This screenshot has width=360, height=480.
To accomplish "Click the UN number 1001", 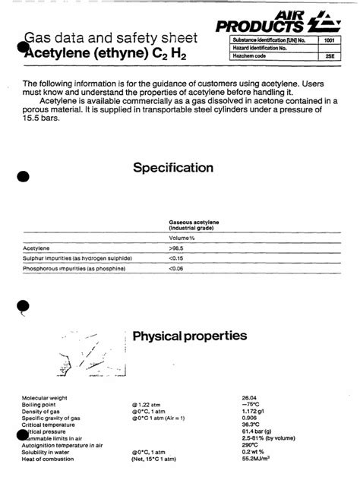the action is [x=328, y=39].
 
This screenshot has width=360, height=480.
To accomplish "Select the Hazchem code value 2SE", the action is [x=328, y=57].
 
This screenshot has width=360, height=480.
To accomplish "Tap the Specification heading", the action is [x=173, y=168].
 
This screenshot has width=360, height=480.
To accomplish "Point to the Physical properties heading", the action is [x=189, y=336].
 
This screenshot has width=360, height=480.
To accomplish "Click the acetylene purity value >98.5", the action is [x=175, y=248].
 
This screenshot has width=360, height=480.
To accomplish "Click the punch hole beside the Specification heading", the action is [x=23, y=176].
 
